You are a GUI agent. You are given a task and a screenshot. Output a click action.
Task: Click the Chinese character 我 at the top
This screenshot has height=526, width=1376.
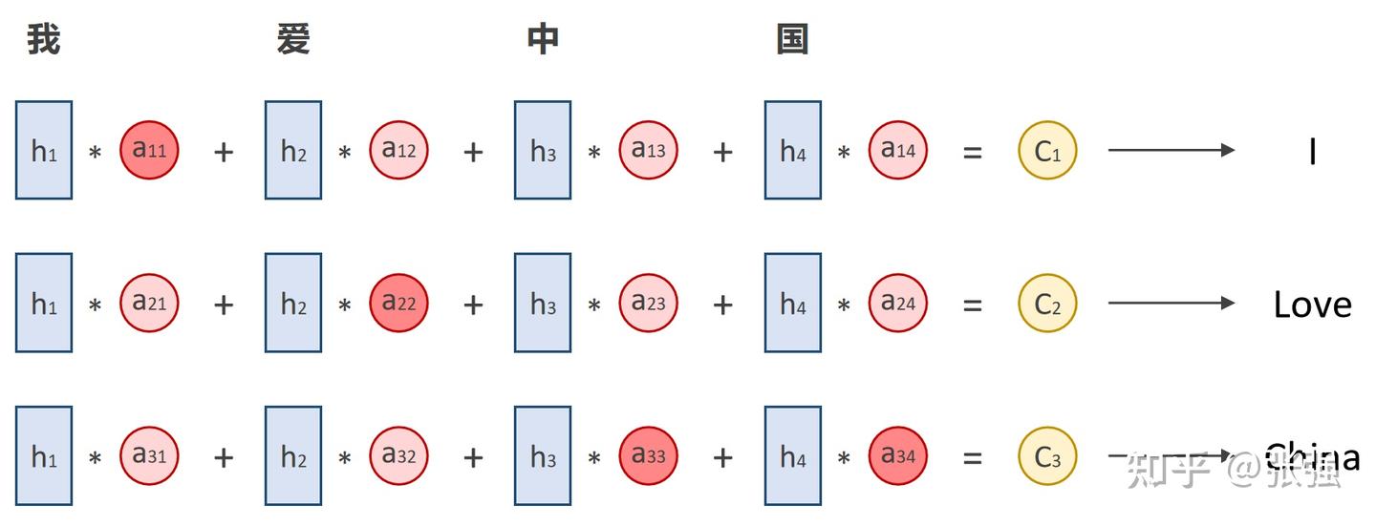44,40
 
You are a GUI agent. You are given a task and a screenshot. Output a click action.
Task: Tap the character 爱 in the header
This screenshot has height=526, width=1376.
293,40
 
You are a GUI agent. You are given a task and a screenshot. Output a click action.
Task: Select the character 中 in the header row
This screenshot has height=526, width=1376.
543,40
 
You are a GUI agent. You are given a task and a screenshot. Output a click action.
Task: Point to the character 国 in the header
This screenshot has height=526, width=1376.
792,40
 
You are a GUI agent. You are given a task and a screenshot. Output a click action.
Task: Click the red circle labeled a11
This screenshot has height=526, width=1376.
149,150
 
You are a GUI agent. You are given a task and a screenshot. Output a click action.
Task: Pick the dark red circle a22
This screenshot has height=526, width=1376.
398,303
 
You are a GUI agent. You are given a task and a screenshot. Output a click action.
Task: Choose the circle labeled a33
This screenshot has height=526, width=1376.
648,455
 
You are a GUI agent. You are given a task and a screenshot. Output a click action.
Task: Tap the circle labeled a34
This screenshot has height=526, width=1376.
897,455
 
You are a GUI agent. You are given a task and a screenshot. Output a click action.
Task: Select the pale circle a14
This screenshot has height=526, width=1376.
897,150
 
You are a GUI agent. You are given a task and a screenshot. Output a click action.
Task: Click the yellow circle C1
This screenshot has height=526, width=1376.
1047,150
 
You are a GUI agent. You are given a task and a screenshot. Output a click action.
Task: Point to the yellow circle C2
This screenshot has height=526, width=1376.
1047,303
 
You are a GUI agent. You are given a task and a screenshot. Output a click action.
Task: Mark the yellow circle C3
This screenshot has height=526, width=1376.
1047,455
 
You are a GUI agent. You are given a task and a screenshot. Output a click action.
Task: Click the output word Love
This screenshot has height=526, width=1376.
1312,305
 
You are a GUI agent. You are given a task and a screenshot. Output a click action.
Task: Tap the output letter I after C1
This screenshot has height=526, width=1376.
1313,151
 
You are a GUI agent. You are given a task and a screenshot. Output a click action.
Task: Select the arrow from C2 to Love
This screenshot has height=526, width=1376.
1171,303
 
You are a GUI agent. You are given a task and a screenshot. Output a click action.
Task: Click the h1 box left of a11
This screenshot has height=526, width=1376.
44,150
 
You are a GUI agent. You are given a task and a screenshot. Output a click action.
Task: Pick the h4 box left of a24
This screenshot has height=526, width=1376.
792,303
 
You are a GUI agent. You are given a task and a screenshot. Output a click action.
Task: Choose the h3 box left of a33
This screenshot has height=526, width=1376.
543,455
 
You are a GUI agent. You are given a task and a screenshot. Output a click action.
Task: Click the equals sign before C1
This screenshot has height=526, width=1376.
972,151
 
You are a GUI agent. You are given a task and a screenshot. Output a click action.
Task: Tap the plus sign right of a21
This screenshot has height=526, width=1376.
224,305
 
